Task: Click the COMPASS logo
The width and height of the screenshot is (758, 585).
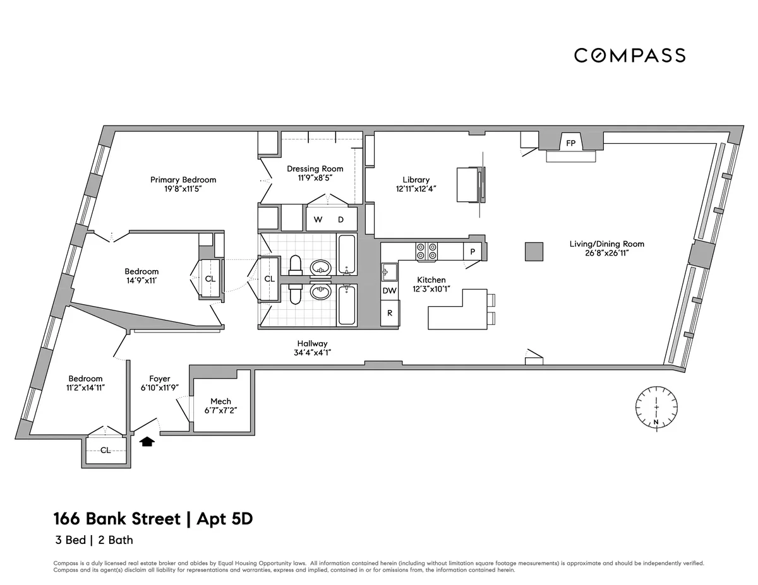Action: point(630,56)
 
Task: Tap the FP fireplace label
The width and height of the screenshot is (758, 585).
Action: point(570,143)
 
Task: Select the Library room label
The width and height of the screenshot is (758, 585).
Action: point(416,180)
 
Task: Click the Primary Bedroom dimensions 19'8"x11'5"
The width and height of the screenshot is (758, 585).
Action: point(183,189)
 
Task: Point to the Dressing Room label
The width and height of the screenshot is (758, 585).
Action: point(315,168)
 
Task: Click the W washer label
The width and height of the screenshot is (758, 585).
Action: point(318,220)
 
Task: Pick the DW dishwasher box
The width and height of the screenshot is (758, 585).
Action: point(390,291)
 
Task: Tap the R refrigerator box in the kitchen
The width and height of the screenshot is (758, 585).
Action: point(390,313)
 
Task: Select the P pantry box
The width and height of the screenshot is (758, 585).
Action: point(472,251)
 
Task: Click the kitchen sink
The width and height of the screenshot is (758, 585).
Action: point(388,271)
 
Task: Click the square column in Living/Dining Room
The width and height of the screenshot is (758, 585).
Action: point(534,251)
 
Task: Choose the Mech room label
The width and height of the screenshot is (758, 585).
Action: point(220,401)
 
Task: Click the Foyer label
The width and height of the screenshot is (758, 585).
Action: point(160,379)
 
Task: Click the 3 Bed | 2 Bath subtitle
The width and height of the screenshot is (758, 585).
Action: point(93,540)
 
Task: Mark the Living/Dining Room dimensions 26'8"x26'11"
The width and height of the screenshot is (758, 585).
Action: point(607,253)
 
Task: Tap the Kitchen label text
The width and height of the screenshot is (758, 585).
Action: point(431,280)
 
